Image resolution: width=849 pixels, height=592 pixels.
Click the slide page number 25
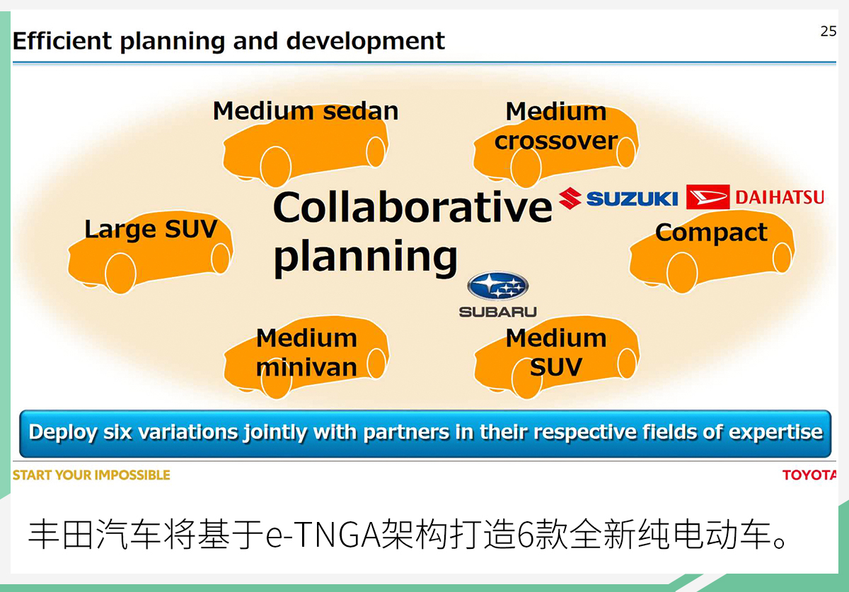(828, 31)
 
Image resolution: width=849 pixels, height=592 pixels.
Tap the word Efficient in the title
(62, 40)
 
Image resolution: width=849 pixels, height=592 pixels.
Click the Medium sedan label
(306, 111)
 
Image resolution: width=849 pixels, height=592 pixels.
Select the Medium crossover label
(556, 126)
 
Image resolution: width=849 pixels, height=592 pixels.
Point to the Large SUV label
(151, 229)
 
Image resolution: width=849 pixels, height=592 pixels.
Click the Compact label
(712, 232)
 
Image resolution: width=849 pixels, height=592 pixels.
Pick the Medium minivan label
(306, 352)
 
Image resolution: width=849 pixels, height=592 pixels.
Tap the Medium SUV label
(556, 352)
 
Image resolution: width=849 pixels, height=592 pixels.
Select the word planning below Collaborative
(365, 257)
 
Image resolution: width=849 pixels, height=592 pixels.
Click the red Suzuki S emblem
(570, 198)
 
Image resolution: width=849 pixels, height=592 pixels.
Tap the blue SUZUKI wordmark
(633, 199)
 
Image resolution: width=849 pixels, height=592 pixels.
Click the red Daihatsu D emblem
(707, 197)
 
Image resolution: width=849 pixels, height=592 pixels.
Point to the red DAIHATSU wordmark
(780, 197)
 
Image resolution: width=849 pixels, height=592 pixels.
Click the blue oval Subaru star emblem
(497, 286)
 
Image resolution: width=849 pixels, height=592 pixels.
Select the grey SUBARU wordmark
(497, 312)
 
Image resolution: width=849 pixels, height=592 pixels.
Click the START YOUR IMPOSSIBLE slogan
(91, 475)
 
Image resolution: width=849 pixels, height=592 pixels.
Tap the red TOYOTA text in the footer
(809, 475)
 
